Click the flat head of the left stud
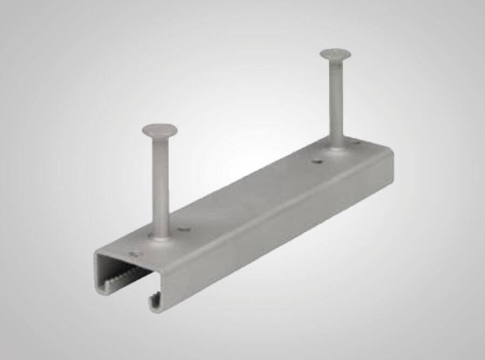[160, 130]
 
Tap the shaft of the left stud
[160, 183]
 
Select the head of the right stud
[335, 54]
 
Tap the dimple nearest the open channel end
[135, 253]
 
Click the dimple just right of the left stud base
[184, 230]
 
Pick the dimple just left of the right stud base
[317, 160]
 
